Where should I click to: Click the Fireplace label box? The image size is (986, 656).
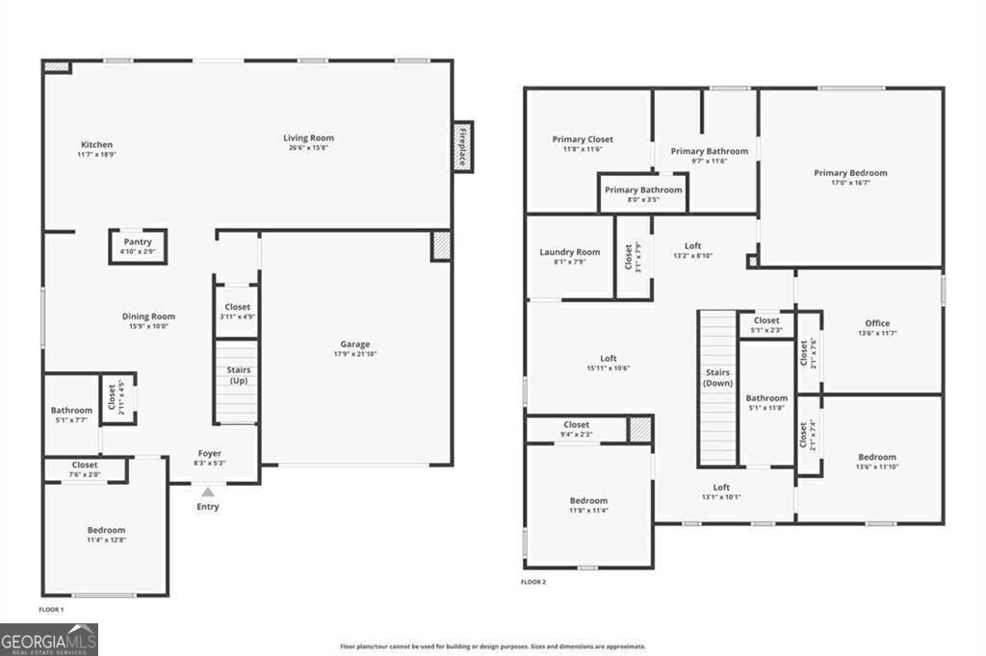pyautogui.click(x=463, y=147)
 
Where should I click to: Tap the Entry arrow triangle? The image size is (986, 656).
pyautogui.click(x=207, y=492)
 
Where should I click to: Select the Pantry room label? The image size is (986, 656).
pyautogui.click(x=138, y=242)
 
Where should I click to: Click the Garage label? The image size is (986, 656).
pyautogui.click(x=354, y=344)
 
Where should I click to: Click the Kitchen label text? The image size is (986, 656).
pyautogui.click(x=96, y=144)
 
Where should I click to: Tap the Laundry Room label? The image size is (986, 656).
pyautogui.click(x=569, y=252)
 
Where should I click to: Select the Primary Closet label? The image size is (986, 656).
pyautogui.click(x=583, y=139)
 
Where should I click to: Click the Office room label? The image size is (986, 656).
pyautogui.click(x=877, y=323)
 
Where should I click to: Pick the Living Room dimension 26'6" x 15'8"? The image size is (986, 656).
pyautogui.click(x=308, y=147)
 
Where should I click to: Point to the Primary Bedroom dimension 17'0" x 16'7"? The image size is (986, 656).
pyautogui.click(x=850, y=183)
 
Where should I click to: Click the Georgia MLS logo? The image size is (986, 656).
pyautogui.click(x=49, y=639)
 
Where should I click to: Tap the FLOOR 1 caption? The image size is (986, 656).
pyautogui.click(x=51, y=610)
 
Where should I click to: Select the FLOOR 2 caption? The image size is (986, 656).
pyautogui.click(x=533, y=582)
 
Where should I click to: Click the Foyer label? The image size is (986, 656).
pyautogui.click(x=209, y=453)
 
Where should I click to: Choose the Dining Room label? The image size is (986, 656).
pyautogui.click(x=148, y=316)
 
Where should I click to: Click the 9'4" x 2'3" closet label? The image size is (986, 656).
pyautogui.click(x=577, y=434)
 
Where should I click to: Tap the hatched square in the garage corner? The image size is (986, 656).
pyautogui.click(x=441, y=244)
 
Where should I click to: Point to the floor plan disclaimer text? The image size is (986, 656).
pyautogui.click(x=492, y=646)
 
